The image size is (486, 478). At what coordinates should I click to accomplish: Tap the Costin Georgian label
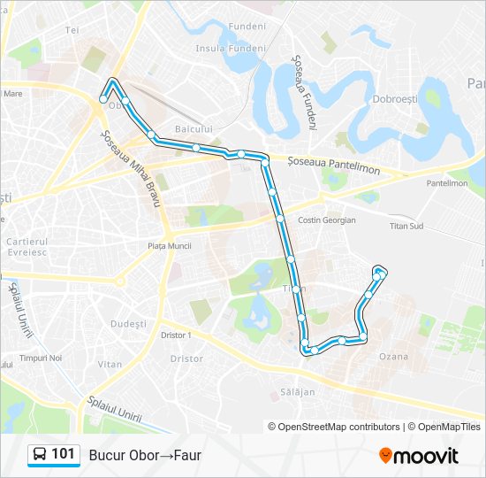327,220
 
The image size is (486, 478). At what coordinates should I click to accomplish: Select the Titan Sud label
407,226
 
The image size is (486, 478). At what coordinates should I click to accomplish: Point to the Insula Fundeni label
231,49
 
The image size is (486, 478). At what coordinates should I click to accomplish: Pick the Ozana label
393,356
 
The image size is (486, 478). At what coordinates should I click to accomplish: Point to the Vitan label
110,364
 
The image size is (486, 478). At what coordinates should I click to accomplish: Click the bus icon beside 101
40,455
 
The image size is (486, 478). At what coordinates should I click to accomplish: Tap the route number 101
63,454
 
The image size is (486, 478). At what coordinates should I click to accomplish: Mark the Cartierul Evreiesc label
27,246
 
